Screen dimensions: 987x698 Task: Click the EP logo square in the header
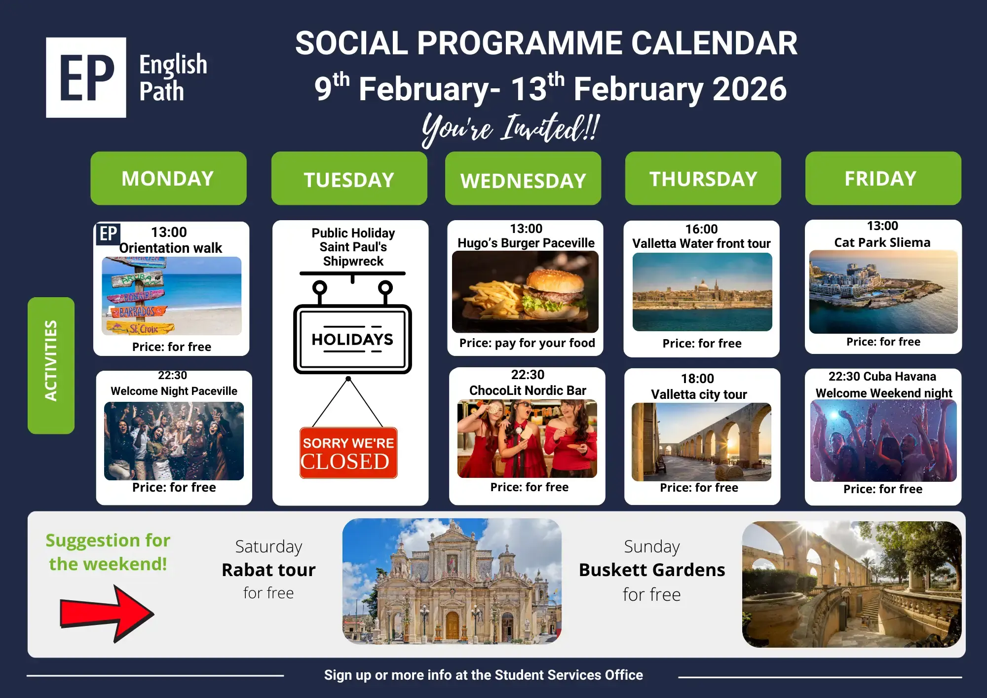86,78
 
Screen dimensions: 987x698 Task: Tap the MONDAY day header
168,178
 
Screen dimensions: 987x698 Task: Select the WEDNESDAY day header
523,178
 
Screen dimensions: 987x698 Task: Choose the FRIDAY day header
883,178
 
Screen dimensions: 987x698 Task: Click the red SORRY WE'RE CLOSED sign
348,453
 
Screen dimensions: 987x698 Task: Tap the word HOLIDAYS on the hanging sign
352,339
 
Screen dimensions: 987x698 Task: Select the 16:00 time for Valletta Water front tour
701,229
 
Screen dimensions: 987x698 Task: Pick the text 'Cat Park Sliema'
882,242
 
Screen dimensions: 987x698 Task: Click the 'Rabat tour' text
268,570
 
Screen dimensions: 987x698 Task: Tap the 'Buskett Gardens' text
652,570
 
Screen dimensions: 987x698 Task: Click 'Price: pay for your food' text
527,343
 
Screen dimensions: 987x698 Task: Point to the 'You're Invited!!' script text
511,128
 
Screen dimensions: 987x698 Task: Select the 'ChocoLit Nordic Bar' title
528,390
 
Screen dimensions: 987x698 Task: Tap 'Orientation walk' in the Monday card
171,248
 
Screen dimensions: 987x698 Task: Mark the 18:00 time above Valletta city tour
697,379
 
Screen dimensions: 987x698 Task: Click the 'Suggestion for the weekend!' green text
108,552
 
